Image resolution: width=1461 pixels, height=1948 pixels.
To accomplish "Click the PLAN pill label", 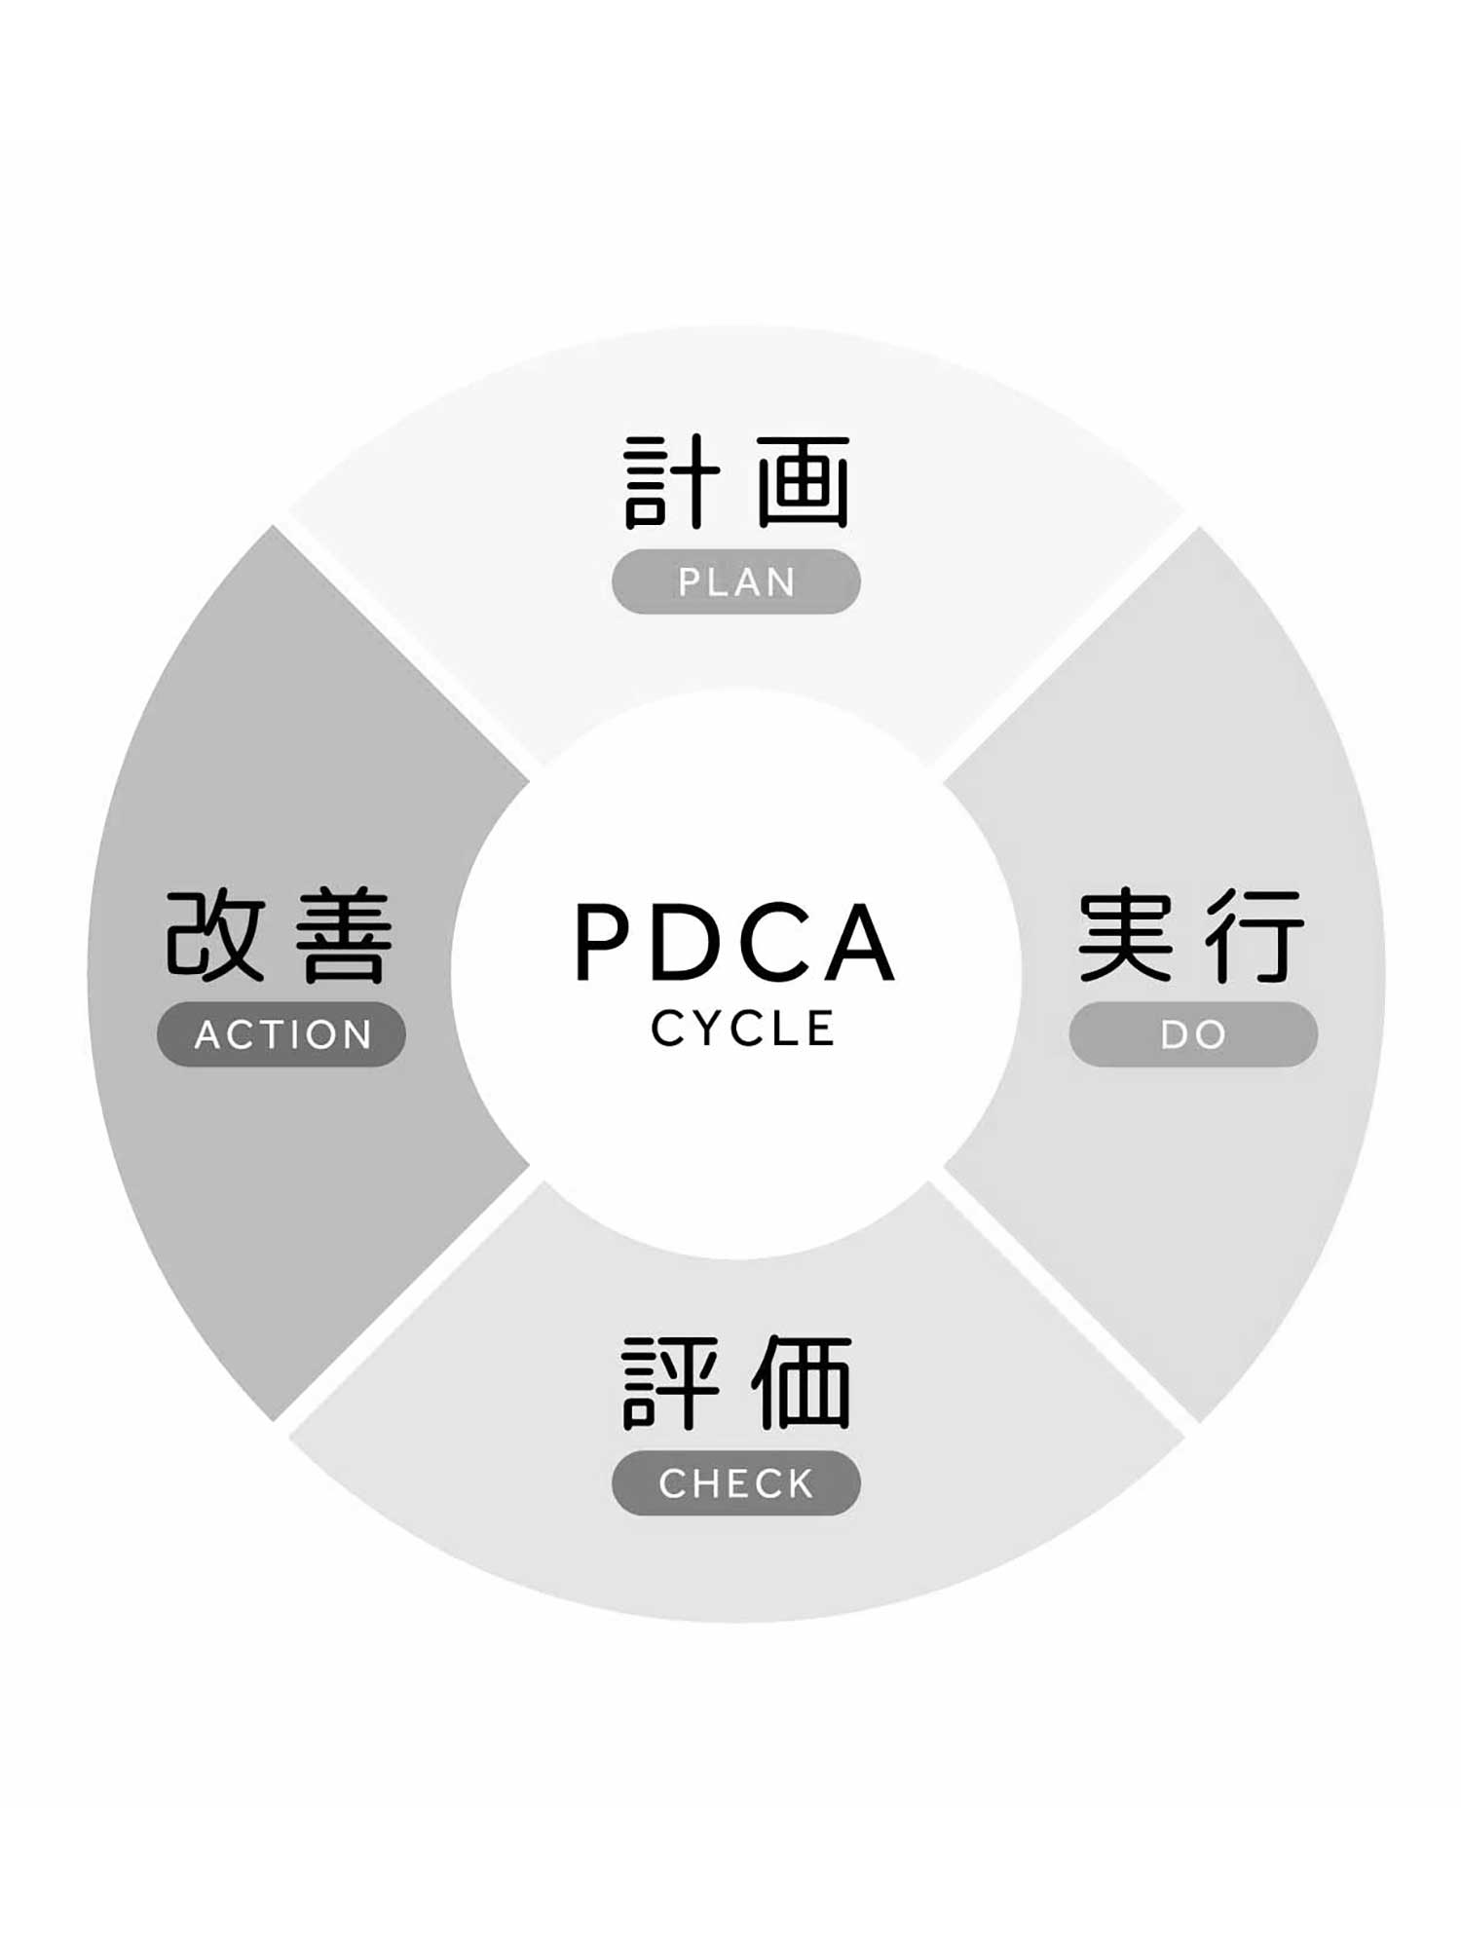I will (x=736, y=581).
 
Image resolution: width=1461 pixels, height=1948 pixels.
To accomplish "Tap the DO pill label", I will (x=1193, y=1034).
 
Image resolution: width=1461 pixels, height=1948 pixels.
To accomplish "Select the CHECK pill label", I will (x=736, y=1483).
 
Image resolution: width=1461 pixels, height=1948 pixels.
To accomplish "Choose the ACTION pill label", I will (x=282, y=1034).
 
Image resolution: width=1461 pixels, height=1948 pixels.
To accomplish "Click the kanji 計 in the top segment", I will (x=671, y=482).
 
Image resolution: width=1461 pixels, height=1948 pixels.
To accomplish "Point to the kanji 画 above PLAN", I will (x=803, y=482).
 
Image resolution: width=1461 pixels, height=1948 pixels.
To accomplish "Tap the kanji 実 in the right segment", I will (x=1125, y=935).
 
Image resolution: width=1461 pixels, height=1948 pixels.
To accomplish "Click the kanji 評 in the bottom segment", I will (x=671, y=1383).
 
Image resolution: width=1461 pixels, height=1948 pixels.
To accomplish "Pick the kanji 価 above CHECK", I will (x=803, y=1383).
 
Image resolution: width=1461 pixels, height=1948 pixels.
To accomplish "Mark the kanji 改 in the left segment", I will (x=215, y=935).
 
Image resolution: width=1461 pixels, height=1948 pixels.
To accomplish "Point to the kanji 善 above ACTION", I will (x=345, y=935).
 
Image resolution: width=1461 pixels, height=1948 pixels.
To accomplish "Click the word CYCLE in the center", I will (x=742, y=1029).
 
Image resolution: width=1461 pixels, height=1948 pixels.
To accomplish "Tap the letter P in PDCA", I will (x=605, y=942).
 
